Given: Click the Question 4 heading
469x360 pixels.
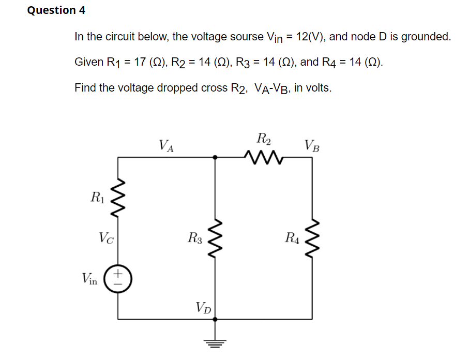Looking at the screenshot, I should [x=56, y=10].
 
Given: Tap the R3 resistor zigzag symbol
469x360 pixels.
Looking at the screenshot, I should [x=216, y=238].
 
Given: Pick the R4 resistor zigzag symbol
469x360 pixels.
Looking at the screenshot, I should [x=313, y=238].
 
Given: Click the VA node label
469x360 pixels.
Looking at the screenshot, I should [x=166, y=145].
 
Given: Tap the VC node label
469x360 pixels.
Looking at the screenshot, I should [x=107, y=238].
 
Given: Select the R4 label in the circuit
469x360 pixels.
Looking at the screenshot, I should [x=292, y=238].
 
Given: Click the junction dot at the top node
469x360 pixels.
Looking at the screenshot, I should [x=216, y=156].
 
